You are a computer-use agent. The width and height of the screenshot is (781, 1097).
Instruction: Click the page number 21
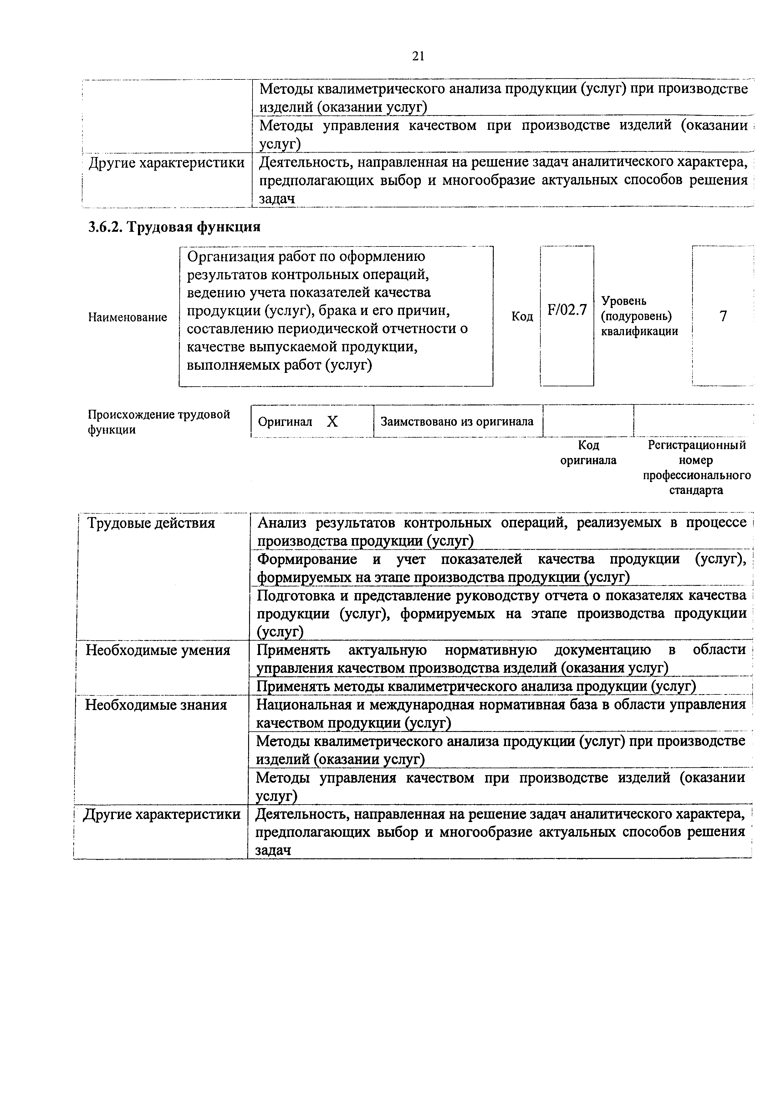418,57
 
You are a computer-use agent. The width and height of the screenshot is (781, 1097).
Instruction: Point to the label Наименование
127,317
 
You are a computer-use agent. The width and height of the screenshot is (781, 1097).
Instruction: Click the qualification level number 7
723,316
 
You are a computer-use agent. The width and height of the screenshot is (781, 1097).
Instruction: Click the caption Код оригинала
588,452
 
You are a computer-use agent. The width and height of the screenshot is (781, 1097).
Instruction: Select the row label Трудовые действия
151,523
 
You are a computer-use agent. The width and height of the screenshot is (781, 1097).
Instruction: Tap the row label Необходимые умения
158,650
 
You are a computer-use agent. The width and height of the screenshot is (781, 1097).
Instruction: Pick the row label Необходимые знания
156,705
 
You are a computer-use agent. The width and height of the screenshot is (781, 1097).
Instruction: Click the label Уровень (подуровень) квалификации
639,316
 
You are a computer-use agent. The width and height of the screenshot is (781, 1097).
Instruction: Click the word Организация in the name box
228,257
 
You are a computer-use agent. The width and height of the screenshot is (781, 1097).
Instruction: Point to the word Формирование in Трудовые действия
307,559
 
